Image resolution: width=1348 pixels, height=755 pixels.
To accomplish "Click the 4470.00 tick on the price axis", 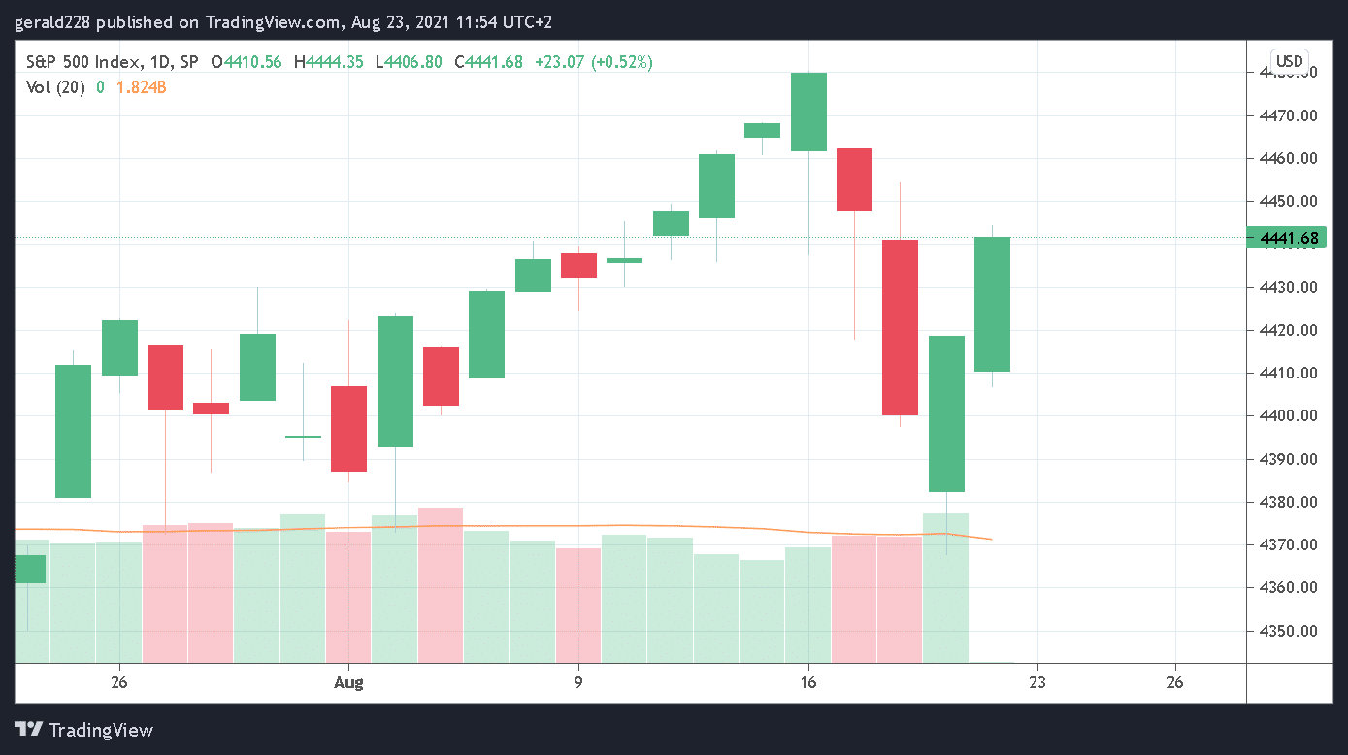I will [x=1288, y=115].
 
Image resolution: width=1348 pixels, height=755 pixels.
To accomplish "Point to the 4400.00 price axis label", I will [x=1288, y=416].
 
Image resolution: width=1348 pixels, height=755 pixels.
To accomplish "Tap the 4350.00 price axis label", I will [x=1288, y=631].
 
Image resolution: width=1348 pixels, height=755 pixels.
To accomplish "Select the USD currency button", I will [x=1289, y=62].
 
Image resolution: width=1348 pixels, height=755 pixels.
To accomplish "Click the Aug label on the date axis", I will [x=348, y=682].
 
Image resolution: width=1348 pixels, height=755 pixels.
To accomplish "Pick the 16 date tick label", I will [x=807, y=682].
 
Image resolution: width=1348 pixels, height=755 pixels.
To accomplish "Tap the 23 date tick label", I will [x=1037, y=682].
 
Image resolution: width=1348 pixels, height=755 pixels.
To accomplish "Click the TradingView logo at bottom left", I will [x=84, y=730].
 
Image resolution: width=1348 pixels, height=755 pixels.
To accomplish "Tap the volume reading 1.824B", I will [x=142, y=87].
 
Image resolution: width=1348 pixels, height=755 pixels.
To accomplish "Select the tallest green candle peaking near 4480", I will [x=808, y=112].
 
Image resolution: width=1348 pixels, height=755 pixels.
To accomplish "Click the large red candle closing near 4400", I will [x=900, y=327].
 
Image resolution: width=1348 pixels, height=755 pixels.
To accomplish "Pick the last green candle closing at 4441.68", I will [x=992, y=304].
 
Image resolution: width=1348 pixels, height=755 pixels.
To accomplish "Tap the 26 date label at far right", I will [x=1175, y=682].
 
